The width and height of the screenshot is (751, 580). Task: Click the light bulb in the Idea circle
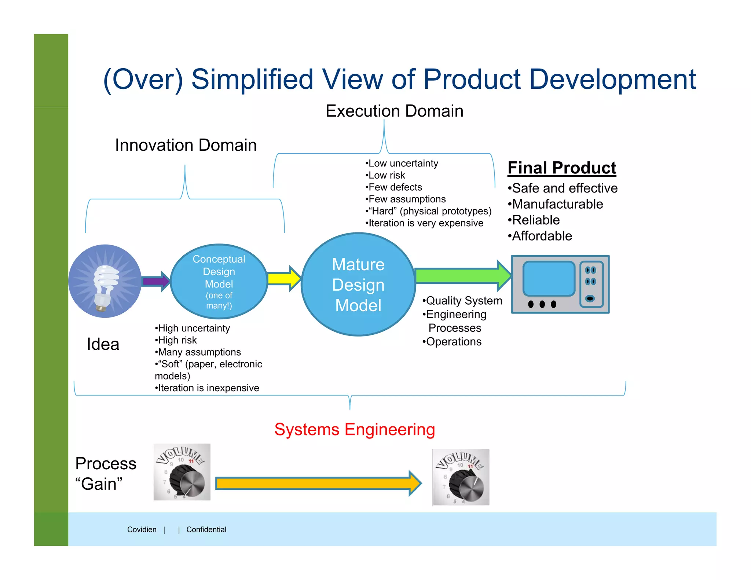click(105, 284)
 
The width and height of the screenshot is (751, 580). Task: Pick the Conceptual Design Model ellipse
click(219, 281)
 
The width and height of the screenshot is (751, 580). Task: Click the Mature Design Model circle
click(358, 285)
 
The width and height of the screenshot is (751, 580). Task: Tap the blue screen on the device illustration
click(549, 279)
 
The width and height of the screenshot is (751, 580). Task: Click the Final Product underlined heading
click(562, 168)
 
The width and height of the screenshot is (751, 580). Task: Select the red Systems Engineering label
click(355, 429)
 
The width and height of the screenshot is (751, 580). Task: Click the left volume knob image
click(182, 472)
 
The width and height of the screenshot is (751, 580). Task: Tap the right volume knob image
click(461, 477)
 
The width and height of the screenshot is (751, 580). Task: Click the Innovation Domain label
click(186, 145)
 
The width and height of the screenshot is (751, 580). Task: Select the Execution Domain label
click(394, 111)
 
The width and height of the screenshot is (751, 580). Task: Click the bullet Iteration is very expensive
click(425, 223)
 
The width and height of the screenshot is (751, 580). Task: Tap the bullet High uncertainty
click(193, 328)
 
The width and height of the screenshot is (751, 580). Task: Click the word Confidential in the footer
click(206, 529)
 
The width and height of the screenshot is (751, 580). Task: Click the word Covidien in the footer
click(142, 529)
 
